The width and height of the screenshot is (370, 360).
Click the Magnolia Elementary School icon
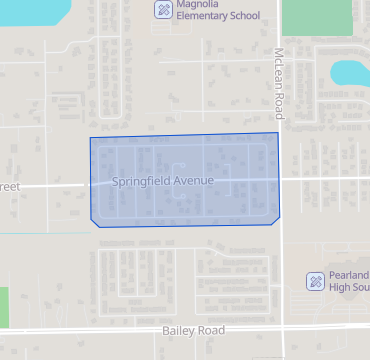(x=163, y=9)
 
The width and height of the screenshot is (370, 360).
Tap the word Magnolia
(x=196, y=4)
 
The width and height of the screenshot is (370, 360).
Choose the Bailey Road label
(x=194, y=330)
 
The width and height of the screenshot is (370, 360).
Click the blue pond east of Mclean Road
(x=350, y=72)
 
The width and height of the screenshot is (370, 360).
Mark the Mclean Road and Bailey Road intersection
(x=281, y=327)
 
